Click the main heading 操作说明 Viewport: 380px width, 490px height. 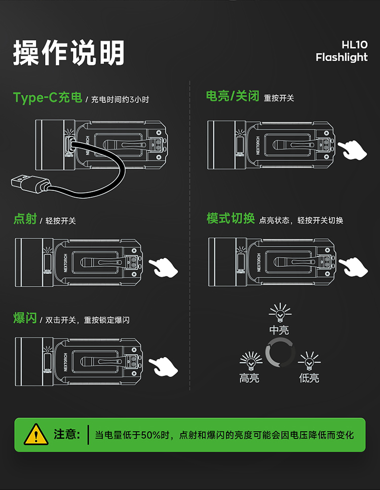click(x=69, y=53)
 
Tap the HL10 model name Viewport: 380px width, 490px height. click(x=355, y=45)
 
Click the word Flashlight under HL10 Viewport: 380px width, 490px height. click(x=341, y=57)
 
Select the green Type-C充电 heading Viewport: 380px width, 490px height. click(x=48, y=98)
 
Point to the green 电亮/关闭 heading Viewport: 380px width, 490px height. click(x=233, y=96)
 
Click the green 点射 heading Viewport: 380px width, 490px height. click(x=25, y=219)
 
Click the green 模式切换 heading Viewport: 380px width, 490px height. click(x=231, y=219)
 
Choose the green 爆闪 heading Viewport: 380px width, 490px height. click(x=25, y=319)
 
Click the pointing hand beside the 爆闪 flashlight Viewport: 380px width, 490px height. click(x=163, y=365)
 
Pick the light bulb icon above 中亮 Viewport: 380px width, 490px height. click(x=279, y=313)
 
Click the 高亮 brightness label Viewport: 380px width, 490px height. click(x=250, y=378)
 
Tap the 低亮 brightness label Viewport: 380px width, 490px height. click(x=309, y=378)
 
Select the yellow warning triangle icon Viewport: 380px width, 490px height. click(x=36, y=434)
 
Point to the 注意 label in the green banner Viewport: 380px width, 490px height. click(x=67, y=435)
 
